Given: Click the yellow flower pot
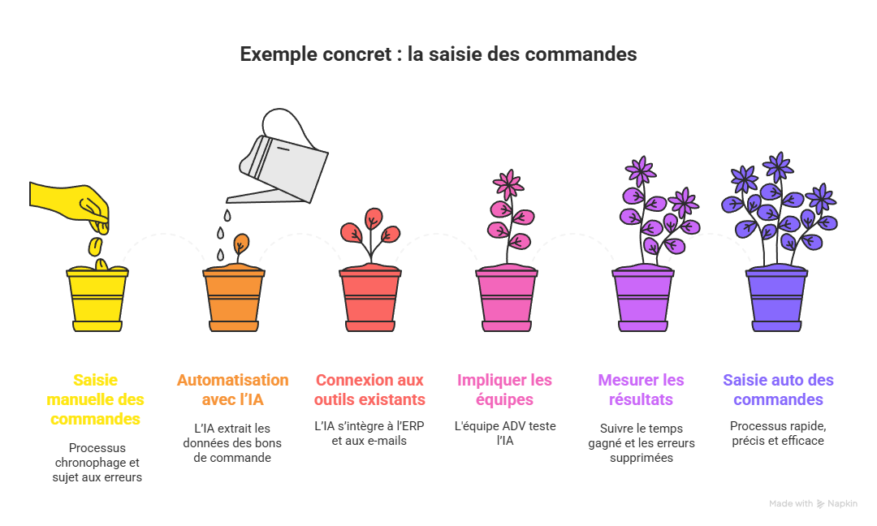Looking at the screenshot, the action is (97, 300).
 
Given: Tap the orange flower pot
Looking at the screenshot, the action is (233, 300).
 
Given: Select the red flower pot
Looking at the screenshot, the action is (369, 300).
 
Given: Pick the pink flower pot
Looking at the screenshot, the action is (506, 300).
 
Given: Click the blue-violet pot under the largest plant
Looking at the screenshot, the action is (777, 300).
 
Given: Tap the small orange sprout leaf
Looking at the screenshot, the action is (241, 243).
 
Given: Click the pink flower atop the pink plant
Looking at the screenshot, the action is (509, 184).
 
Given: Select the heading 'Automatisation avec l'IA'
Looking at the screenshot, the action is (233, 390).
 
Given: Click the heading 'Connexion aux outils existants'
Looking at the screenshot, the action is (369, 390).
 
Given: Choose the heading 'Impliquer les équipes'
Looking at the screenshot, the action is (505, 390).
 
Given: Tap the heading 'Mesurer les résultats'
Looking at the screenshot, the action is (641, 390).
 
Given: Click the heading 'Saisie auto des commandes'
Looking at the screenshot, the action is (778, 390).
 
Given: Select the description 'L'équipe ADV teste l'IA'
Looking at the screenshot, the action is (505, 433).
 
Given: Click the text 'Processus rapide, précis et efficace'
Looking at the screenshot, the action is (778, 433).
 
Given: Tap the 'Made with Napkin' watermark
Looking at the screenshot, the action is (813, 504).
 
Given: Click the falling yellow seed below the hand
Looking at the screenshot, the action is (95, 244).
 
